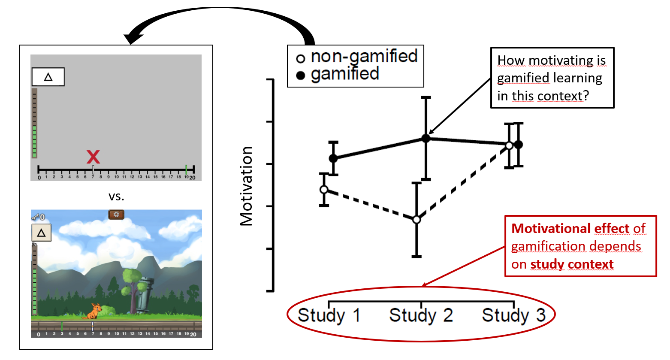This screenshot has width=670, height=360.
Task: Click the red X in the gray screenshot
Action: pyautogui.click(x=93, y=157)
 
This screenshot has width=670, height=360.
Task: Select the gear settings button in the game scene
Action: pyautogui.click(x=116, y=214)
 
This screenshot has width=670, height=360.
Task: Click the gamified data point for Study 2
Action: pyautogui.click(x=426, y=138)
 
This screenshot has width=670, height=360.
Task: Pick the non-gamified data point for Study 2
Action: pyautogui.click(x=416, y=220)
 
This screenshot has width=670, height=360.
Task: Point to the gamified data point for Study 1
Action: pyautogui.click(x=333, y=158)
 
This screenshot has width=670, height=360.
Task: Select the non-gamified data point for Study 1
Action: pyautogui.click(x=324, y=190)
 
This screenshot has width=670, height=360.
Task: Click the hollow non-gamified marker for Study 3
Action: pyautogui.click(x=509, y=145)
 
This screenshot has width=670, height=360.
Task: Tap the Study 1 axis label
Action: pyautogui.click(x=329, y=315)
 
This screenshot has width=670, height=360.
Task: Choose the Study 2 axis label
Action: pyautogui.click(x=421, y=315)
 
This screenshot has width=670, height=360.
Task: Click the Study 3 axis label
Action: pyautogui.click(x=513, y=315)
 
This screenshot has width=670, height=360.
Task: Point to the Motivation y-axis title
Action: pyautogui.click(x=247, y=186)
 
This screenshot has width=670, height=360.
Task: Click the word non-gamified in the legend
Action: pyautogui.click(x=364, y=56)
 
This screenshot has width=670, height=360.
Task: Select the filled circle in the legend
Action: pyautogui.click(x=301, y=76)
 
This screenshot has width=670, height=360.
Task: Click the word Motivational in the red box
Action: pyautogui.click(x=550, y=228)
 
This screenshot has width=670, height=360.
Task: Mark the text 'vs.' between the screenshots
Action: pyautogui.click(x=116, y=197)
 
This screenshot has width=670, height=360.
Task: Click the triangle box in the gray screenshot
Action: pyautogui.click(x=48, y=77)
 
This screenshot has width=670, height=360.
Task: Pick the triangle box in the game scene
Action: pyautogui.click(x=42, y=233)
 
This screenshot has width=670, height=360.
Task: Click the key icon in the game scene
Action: pyautogui.click(x=36, y=217)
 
